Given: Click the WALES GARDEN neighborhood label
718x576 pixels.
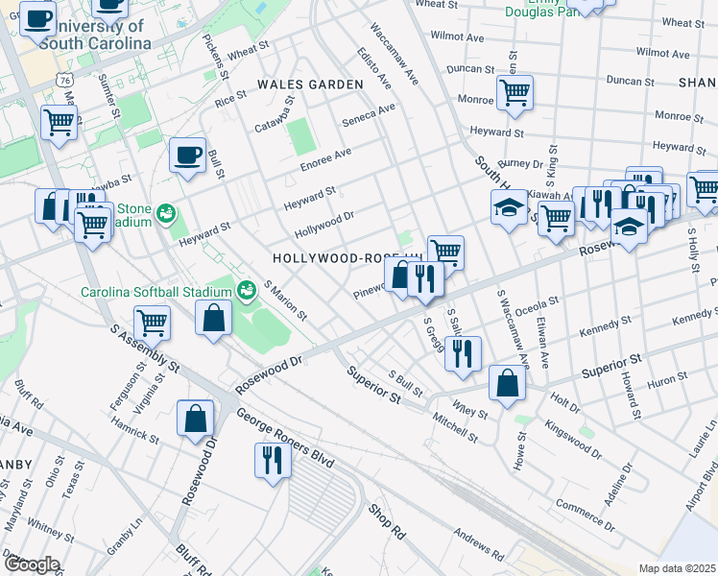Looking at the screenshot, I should (310, 84).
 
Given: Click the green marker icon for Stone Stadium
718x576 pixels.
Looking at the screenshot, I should (166, 211).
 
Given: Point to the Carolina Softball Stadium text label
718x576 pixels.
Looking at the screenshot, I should (156, 292).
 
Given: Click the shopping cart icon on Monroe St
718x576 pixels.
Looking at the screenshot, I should (515, 93).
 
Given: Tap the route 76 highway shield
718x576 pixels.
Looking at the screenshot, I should (64, 83).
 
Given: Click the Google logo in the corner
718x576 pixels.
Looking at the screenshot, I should (32, 564).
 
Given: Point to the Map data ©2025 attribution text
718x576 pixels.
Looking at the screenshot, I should (677, 568).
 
